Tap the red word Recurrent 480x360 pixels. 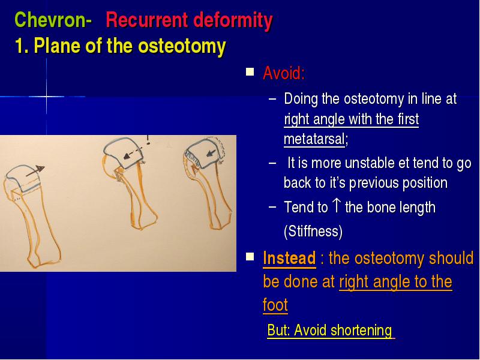tap(146, 20)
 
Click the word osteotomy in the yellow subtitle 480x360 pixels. tap(182, 47)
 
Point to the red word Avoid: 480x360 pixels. tap(284, 73)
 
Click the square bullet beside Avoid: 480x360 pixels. tap(250, 72)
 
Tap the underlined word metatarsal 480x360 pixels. tap(314, 139)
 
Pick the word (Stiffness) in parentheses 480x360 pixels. tap(313, 231)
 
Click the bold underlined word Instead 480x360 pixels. tap(289, 258)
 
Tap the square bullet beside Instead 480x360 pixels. tap(250, 256)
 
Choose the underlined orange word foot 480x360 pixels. tap(275, 305)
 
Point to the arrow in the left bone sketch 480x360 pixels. tap(35, 171)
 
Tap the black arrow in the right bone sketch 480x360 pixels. tap(211, 153)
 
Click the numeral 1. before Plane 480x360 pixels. tap(22, 46)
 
